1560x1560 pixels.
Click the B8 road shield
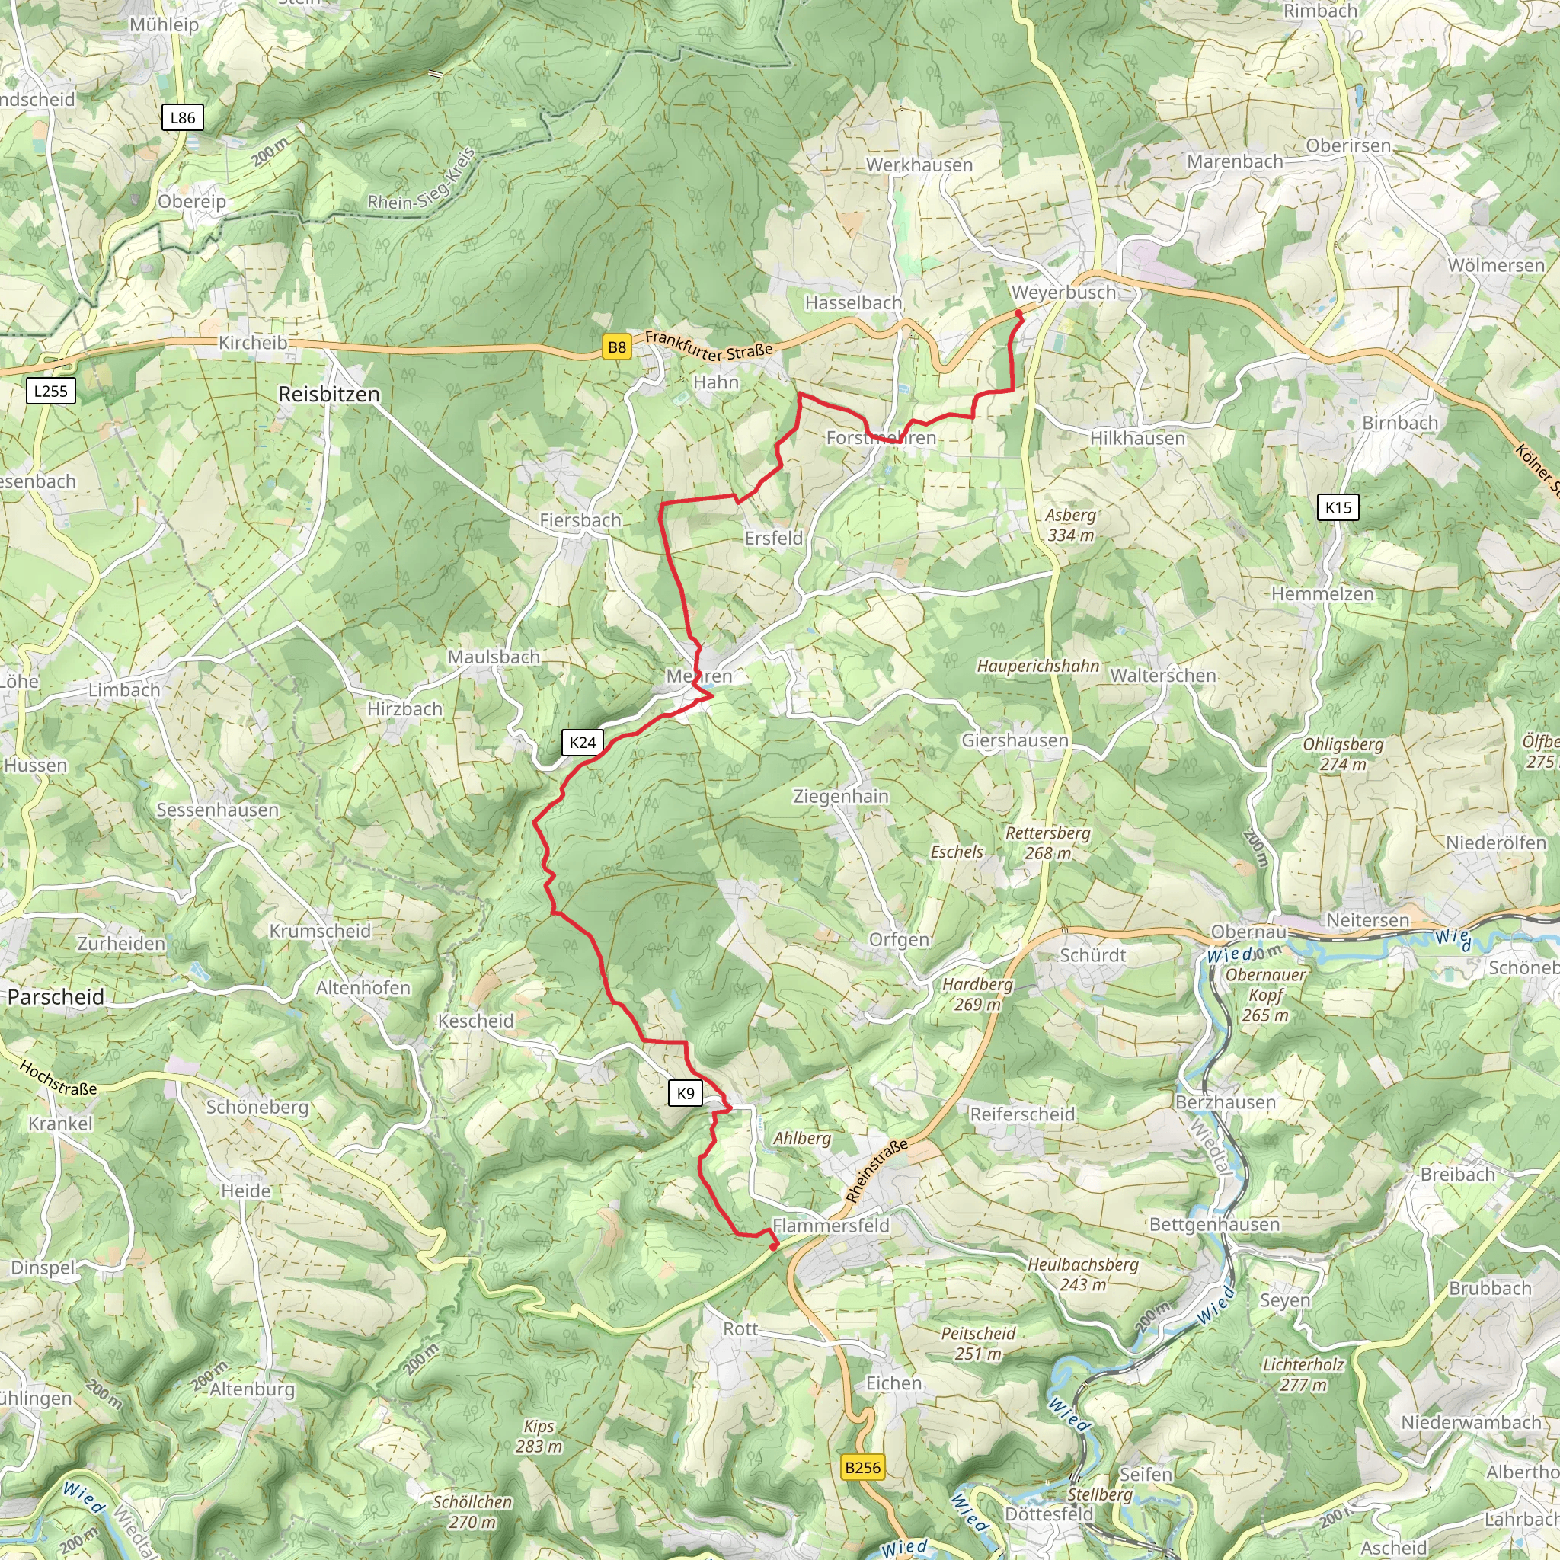[x=616, y=347]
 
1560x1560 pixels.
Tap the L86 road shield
[x=183, y=118]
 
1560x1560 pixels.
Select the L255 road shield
[x=51, y=392]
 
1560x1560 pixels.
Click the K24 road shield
[x=582, y=743]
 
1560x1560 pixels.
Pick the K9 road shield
[x=685, y=1093]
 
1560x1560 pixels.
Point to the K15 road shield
[x=1338, y=507]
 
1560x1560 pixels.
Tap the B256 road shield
[x=862, y=1467]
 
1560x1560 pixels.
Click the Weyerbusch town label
[x=1063, y=292]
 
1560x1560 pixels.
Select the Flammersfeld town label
[x=831, y=1225]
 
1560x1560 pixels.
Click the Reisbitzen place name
[x=328, y=394]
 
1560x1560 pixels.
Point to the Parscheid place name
[x=56, y=996]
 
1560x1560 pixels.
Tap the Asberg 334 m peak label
[x=1071, y=525]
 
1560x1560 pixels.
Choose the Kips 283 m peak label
[x=539, y=1437]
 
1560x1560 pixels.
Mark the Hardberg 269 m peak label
[x=977, y=994]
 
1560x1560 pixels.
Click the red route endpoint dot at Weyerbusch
[x=1018, y=314]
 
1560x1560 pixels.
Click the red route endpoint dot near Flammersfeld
[x=774, y=1247]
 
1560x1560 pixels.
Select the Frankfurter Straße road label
[x=708, y=345]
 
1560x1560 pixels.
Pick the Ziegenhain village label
[x=841, y=796]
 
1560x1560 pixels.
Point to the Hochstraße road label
[x=58, y=1079]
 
